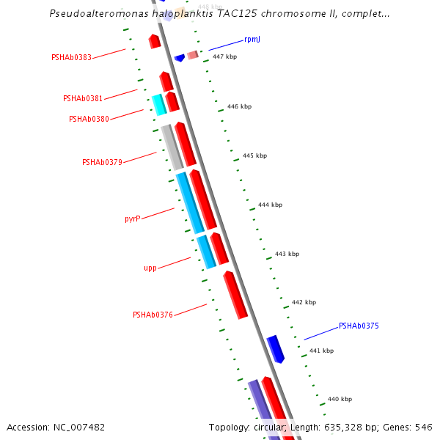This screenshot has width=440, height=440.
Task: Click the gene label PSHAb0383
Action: click(71, 57)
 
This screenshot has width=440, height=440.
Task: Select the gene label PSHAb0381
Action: click(83, 98)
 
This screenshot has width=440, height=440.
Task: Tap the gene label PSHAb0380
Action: click(89, 119)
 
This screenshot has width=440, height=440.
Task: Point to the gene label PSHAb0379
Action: click(102, 162)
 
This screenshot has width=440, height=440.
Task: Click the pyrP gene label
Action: click(133, 219)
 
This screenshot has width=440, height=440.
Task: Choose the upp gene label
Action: click(150, 268)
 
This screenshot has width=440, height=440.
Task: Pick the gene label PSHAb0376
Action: click(153, 315)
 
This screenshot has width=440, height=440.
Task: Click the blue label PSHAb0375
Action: click(359, 326)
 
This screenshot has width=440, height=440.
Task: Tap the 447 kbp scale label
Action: click(224, 56)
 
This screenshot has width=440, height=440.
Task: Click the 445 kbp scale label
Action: click(254, 155)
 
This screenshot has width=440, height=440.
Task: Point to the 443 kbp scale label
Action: click(287, 254)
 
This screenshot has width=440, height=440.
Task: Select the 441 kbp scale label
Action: click(321, 351)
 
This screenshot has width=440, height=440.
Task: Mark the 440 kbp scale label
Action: click(340, 399)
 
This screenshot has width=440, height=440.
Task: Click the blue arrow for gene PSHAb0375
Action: click(276, 348)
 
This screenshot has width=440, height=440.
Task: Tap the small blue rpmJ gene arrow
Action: click(179, 58)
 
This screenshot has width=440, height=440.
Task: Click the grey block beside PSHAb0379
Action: click(172, 147)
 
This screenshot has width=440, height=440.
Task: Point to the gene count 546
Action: click(424, 427)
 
